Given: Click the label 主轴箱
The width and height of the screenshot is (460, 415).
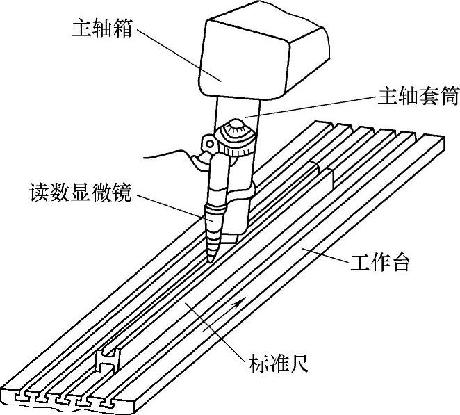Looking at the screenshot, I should tap(101, 29).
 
